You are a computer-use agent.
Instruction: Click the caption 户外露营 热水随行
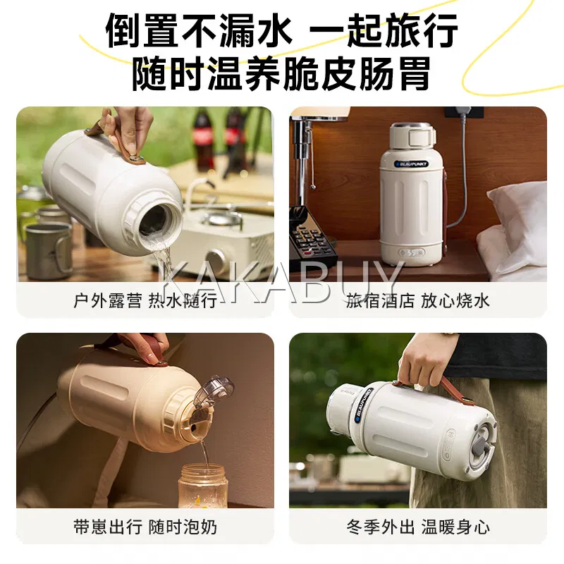[145, 301]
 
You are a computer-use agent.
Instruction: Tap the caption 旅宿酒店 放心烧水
[417, 301]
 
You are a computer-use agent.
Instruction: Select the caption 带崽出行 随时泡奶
[145, 527]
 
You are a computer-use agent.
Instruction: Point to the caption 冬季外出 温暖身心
[417, 527]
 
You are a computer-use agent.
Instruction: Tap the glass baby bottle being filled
[203, 486]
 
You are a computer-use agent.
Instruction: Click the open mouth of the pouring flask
[157, 221]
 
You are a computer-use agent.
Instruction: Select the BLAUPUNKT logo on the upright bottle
[412, 164]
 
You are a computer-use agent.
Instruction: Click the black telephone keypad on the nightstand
[312, 239]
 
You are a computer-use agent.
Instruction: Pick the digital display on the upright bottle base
[412, 252]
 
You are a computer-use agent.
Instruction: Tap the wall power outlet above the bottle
[464, 112]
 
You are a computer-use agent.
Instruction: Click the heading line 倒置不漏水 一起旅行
[281, 30]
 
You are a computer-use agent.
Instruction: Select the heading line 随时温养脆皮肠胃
[281, 74]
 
